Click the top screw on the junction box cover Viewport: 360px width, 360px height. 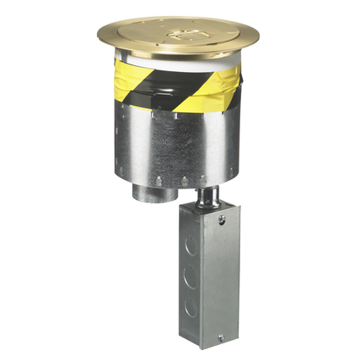222,219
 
